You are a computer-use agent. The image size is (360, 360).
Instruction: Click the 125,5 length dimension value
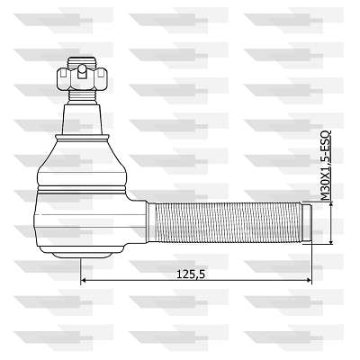click(191, 274)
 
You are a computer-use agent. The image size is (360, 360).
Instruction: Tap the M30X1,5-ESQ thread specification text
click(325, 166)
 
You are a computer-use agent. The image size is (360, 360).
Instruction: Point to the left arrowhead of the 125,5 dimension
click(84, 280)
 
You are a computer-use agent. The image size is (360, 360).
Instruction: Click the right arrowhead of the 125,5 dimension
click(309, 280)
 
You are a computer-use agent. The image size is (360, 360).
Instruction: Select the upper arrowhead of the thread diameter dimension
click(331, 205)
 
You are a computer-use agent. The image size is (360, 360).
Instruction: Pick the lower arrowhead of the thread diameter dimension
click(331, 241)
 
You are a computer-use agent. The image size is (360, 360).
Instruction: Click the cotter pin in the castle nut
click(82, 72)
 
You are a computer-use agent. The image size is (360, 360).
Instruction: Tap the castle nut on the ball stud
click(82, 79)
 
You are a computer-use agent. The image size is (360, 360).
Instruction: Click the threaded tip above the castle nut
click(82, 62)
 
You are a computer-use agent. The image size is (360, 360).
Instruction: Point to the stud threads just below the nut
click(82, 96)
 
